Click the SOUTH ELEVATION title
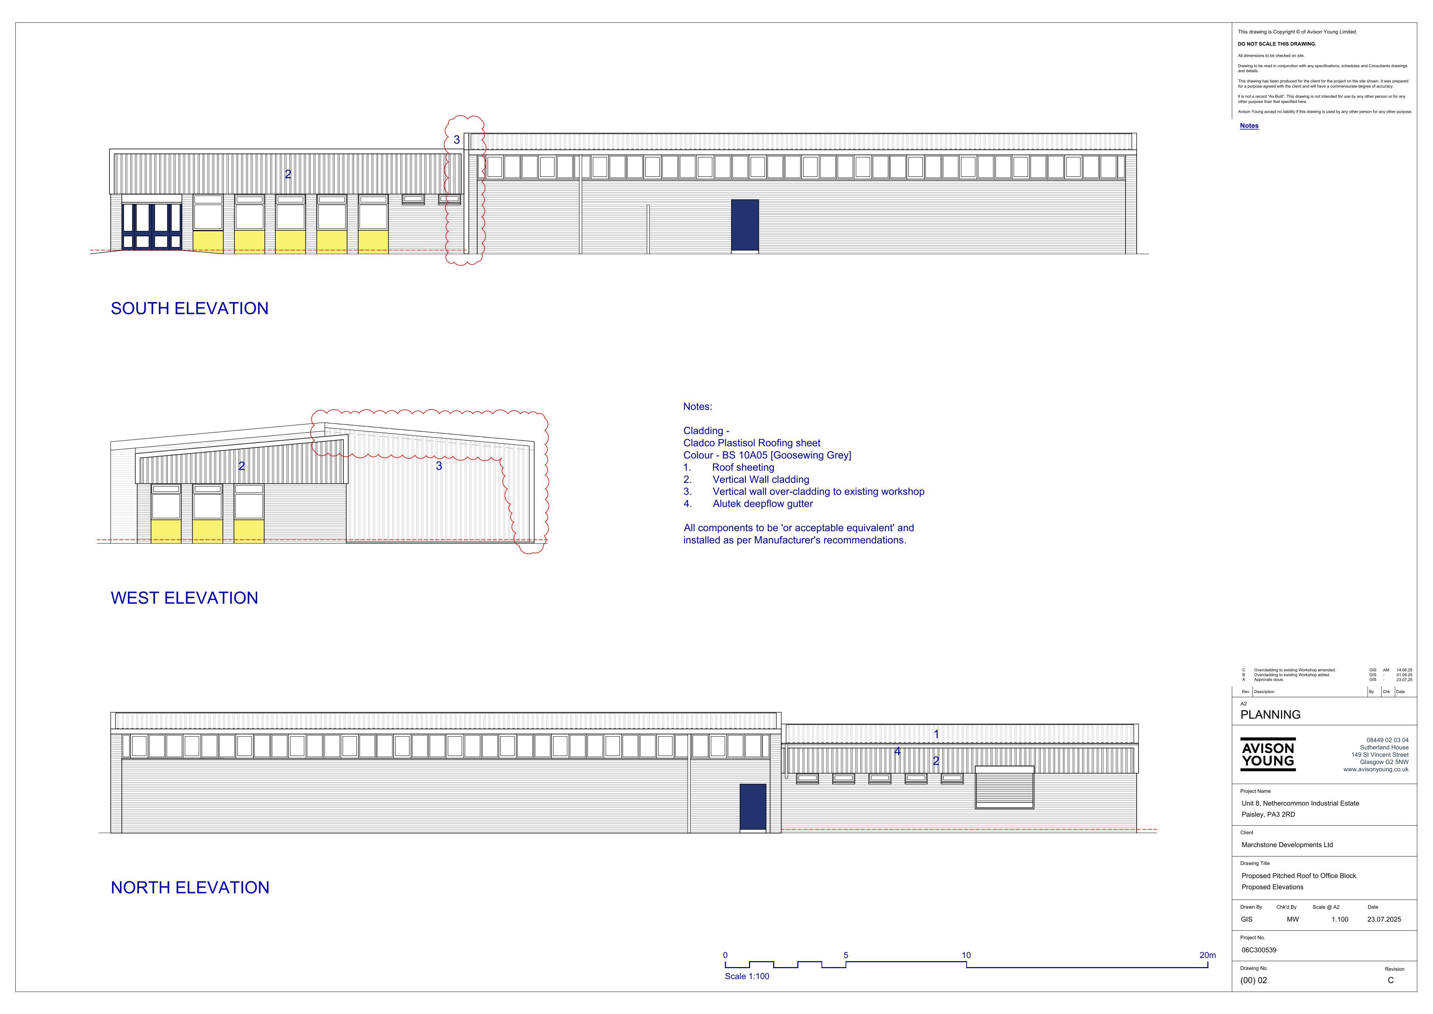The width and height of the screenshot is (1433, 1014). click(189, 308)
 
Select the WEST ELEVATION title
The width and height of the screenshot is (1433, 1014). click(184, 598)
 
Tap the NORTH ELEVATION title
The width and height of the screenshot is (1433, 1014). click(190, 888)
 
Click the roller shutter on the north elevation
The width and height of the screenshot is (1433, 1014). click(1004, 787)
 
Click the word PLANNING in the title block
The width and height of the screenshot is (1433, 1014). click(1270, 715)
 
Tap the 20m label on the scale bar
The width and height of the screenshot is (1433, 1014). click(1207, 955)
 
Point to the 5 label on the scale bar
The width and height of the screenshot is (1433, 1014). click(846, 955)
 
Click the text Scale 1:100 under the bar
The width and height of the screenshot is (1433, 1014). click(747, 977)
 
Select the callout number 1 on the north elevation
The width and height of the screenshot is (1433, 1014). click(936, 734)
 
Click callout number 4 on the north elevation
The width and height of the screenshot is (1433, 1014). click(897, 751)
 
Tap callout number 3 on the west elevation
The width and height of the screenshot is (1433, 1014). click(439, 466)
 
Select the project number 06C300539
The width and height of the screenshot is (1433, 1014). click(1259, 950)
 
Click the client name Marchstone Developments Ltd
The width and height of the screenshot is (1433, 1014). click(1287, 845)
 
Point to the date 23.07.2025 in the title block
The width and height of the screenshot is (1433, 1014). click(1384, 920)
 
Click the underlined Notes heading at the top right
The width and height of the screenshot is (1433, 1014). click(1249, 126)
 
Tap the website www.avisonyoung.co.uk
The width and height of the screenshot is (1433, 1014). click(1376, 770)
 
